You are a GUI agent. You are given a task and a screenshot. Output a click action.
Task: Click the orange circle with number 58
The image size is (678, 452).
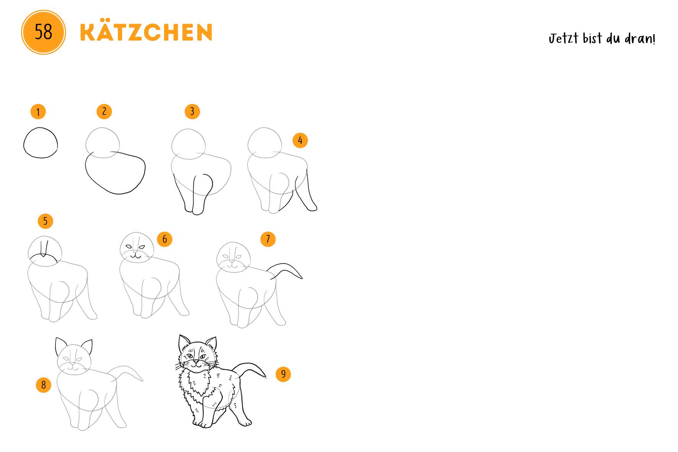coord(43,32)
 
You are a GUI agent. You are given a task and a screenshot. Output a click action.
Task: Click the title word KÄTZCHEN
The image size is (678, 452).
coord(146,32)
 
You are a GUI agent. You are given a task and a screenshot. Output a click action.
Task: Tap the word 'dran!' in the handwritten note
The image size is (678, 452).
coord(641,39)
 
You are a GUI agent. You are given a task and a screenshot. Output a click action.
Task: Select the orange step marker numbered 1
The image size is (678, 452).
coord(38,112)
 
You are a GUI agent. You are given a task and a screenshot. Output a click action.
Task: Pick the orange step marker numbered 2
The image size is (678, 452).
coord(104,111)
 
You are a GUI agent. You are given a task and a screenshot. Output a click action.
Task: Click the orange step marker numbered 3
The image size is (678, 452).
coord(192,111)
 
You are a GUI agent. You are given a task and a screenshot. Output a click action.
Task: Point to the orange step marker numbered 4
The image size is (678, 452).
coord(300,140)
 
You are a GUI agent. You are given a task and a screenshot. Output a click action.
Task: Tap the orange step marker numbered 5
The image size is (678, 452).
coord(45,221)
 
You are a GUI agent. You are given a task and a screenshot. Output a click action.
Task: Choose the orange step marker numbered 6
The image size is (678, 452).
coord(165,239)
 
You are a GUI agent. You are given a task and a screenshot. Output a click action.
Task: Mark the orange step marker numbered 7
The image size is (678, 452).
coord(268,239)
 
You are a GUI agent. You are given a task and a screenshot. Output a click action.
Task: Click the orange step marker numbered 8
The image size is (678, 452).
coord(43,385)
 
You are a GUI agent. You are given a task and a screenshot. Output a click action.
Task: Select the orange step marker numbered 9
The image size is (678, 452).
coord(283,374)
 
